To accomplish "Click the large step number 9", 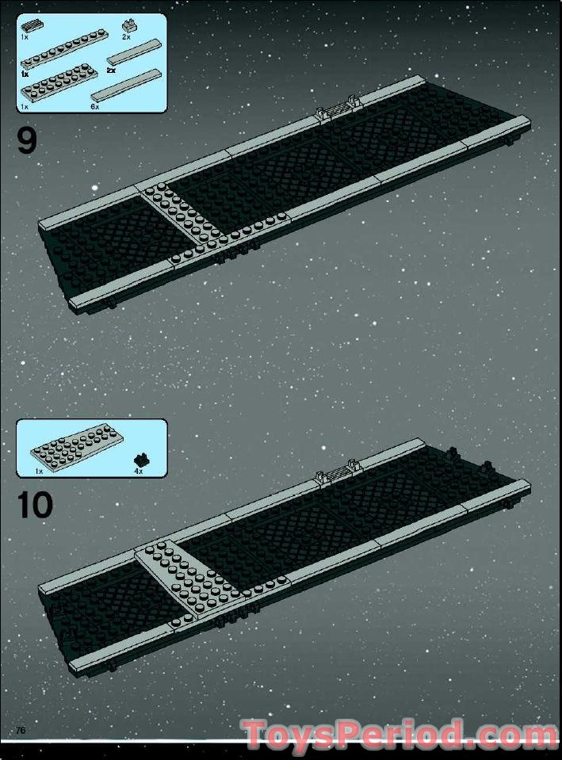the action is (x=27, y=140).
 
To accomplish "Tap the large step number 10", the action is (x=35, y=505).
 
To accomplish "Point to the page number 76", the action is (x=21, y=731).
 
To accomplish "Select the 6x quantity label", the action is (x=94, y=107).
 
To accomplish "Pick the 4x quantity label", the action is (x=139, y=471).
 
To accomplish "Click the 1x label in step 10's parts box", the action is (x=39, y=471).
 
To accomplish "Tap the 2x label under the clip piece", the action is (x=127, y=36).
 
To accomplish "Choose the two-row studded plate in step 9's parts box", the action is (x=59, y=85).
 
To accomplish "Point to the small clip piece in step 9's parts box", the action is (x=128, y=25).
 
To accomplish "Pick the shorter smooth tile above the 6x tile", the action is (x=133, y=52).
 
